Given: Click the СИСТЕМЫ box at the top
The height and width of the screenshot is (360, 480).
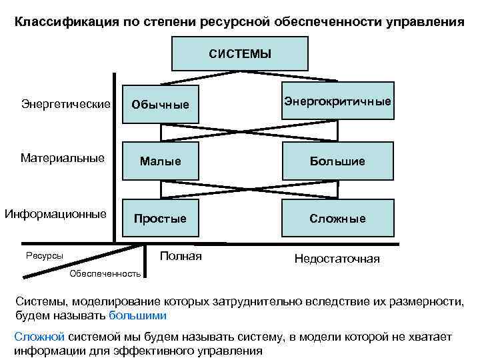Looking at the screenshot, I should pos(240,53).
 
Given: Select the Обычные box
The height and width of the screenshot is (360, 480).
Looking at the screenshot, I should pos(160,105).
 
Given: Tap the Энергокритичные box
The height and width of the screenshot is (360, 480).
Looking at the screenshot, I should pos(338,101).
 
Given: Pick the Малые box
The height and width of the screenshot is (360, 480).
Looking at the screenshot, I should pos(160,161).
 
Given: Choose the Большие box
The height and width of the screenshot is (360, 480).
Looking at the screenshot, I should pos(338,161).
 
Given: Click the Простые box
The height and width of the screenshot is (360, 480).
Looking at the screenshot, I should pos(160,218).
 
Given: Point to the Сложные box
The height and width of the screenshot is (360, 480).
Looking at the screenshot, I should pos(338,218).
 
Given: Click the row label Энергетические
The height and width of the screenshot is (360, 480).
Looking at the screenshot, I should pos(66,103).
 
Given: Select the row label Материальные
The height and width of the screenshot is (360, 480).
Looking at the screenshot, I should pos(63,158).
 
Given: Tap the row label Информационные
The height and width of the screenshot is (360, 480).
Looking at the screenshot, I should pos(56,214).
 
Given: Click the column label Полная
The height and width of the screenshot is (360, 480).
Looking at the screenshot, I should pos(181,256).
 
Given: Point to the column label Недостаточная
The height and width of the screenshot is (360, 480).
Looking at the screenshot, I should pos(337,259).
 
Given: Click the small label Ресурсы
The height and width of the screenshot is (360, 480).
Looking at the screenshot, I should pos(45,255).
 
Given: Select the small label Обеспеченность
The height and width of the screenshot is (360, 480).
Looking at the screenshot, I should pos(105,273).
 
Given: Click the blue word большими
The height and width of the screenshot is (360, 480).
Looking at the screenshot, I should pos(137,315).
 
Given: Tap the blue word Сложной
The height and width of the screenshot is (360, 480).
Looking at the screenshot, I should pos(39,337).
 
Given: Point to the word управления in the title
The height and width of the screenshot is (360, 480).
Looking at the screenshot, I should pos(425,21).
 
